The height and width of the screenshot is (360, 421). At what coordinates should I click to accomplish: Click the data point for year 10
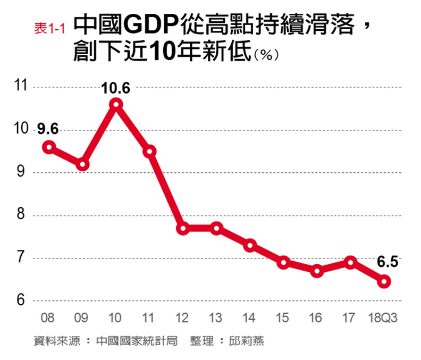click(116, 104)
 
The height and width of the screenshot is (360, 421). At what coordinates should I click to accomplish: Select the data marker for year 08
click(49, 147)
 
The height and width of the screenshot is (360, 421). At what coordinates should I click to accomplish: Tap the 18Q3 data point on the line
click(384, 281)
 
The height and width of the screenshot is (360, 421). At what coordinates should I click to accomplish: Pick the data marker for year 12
click(183, 229)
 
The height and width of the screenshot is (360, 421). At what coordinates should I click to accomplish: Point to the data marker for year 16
click(317, 271)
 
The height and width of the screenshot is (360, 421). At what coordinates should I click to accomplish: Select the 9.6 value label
click(48, 129)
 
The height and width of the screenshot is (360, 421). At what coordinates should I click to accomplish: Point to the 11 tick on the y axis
click(22, 87)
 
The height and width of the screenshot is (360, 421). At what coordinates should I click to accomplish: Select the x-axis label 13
click(215, 319)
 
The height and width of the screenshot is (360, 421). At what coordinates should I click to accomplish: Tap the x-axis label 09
click(81, 319)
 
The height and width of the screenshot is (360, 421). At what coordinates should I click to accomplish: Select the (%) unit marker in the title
click(267, 55)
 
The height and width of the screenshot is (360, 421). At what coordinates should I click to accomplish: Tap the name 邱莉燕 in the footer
click(248, 341)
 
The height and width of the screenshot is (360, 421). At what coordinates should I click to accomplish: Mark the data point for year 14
click(250, 245)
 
